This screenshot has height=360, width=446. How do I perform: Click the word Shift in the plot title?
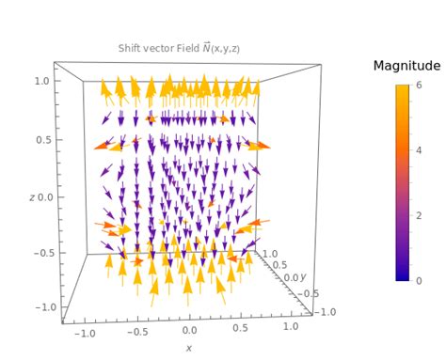click(x=132, y=48)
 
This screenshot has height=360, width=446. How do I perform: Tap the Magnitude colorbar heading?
click(x=406, y=66)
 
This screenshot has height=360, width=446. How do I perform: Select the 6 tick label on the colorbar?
click(x=419, y=85)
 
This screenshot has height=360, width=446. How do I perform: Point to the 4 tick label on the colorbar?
click(x=419, y=149)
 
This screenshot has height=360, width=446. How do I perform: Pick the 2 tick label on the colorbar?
click(x=419, y=215)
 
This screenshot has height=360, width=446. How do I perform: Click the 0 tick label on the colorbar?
click(x=419, y=280)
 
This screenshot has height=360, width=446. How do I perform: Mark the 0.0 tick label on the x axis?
click(x=191, y=331)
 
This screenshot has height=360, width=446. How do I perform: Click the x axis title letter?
click(x=188, y=348)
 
